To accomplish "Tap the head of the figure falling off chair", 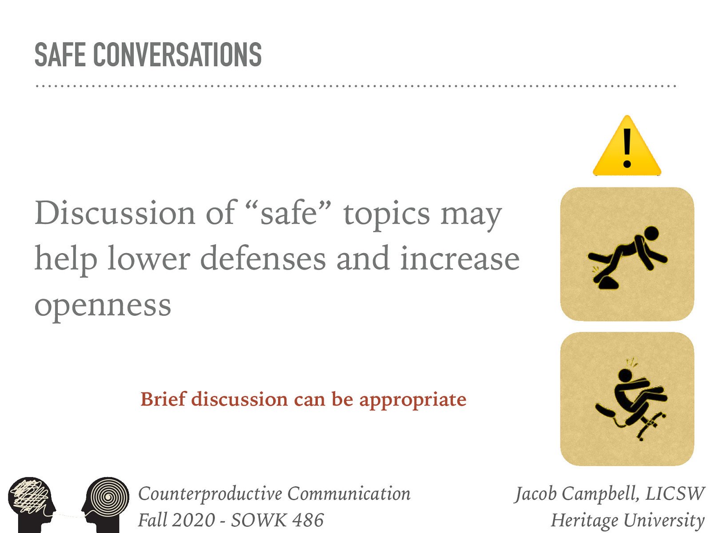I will pos(625,375).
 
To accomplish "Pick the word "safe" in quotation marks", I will pos(288,213).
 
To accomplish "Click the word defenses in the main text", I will pos(263,259).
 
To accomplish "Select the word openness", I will pos(103,306).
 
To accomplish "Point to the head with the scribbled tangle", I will pos(31,500).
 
